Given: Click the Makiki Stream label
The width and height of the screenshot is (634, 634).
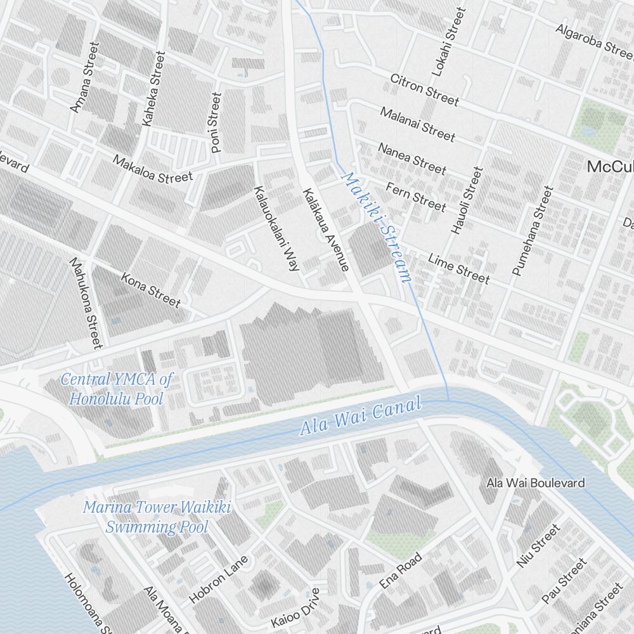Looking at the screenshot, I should click(x=377, y=227).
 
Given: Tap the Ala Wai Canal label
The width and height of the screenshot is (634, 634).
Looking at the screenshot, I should click(x=360, y=417).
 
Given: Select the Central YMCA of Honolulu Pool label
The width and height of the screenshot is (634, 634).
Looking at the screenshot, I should click(x=116, y=389).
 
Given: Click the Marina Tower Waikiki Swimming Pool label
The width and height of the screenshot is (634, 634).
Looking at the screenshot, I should click(x=157, y=517).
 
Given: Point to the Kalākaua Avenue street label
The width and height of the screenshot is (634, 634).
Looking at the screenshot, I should click(x=326, y=230).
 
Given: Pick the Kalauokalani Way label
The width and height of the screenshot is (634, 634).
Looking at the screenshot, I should click(x=276, y=228).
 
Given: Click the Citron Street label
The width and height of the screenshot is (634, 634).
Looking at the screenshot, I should click(x=424, y=89).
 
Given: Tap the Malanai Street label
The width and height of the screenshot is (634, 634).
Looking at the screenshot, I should click(x=417, y=124).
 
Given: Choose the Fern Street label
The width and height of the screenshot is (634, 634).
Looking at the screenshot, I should click(x=416, y=196).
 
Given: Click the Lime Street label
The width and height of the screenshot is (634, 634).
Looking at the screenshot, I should click(x=458, y=269).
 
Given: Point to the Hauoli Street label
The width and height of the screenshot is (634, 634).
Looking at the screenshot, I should click(x=467, y=200).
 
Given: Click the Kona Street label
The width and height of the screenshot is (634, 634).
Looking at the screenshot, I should click(x=151, y=289).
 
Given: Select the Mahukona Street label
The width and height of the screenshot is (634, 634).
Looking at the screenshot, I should click(x=86, y=302).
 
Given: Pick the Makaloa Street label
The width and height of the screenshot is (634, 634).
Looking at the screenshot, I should click(x=152, y=168).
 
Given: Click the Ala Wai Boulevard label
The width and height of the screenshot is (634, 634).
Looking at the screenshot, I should click(x=536, y=483).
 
